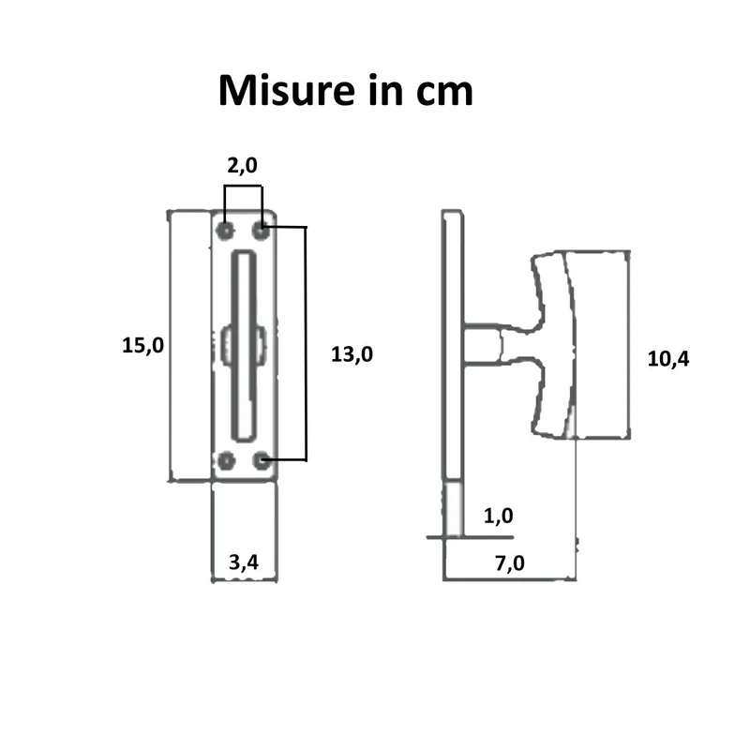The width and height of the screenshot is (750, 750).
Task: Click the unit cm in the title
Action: click(x=444, y=92)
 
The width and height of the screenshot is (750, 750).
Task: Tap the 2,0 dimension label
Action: click(x=242, y=166)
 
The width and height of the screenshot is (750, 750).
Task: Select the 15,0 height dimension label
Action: click(x=142, y=345)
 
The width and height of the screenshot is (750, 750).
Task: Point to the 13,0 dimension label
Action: click(x=352, y=354)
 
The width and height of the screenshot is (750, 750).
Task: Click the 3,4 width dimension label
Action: click(x=244, y=562)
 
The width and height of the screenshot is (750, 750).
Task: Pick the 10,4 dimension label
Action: click(x=668, y=359)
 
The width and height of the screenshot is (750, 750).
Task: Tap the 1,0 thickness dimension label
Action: click(x=499, y=516)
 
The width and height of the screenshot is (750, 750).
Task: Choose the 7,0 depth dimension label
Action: click(x=510, y=563)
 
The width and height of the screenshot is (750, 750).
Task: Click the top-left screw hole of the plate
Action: click(x=225, y=231)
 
